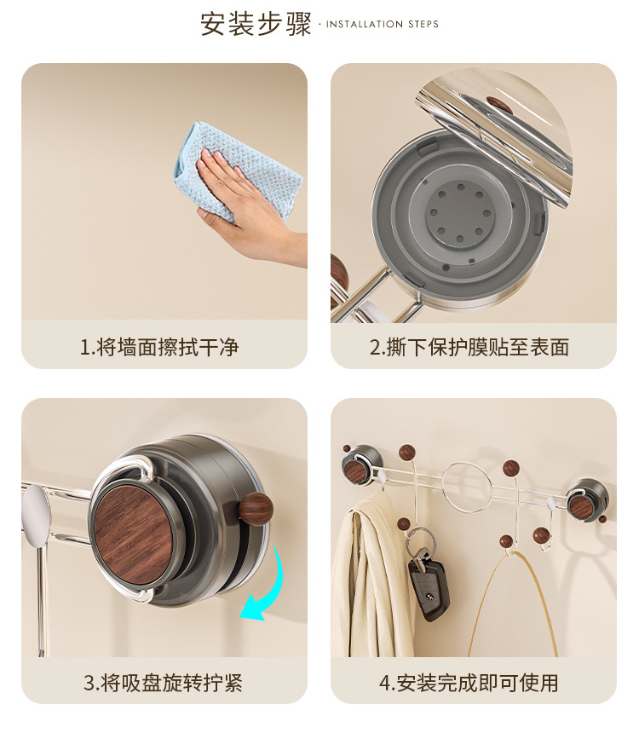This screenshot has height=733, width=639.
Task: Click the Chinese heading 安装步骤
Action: point(256,24)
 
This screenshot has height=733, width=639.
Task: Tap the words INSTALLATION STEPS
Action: point(383,25)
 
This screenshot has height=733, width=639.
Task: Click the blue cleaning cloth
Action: point(239,170)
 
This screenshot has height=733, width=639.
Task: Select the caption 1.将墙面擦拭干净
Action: point(159,348)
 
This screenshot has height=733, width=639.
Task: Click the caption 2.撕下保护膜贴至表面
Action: point(469,348)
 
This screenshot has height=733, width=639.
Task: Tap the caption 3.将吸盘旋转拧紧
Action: point(163,683)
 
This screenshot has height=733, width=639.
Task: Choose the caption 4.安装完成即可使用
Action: point(469,683)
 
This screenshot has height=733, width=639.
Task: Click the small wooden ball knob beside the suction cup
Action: point(256,508)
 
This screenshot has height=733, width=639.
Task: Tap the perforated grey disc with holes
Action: point(460,213)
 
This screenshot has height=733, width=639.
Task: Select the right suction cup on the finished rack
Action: point(587,501)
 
